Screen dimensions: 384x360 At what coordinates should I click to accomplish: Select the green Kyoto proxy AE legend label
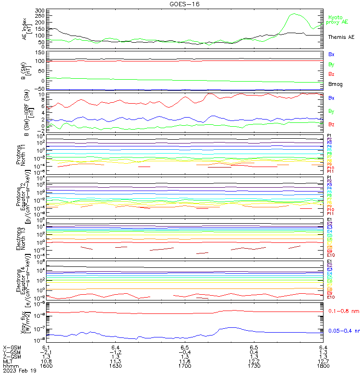point(337,20)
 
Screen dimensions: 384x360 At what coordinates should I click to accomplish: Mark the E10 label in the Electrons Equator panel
point(330,298)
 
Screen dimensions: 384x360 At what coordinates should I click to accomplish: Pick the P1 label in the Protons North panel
point(329,136)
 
